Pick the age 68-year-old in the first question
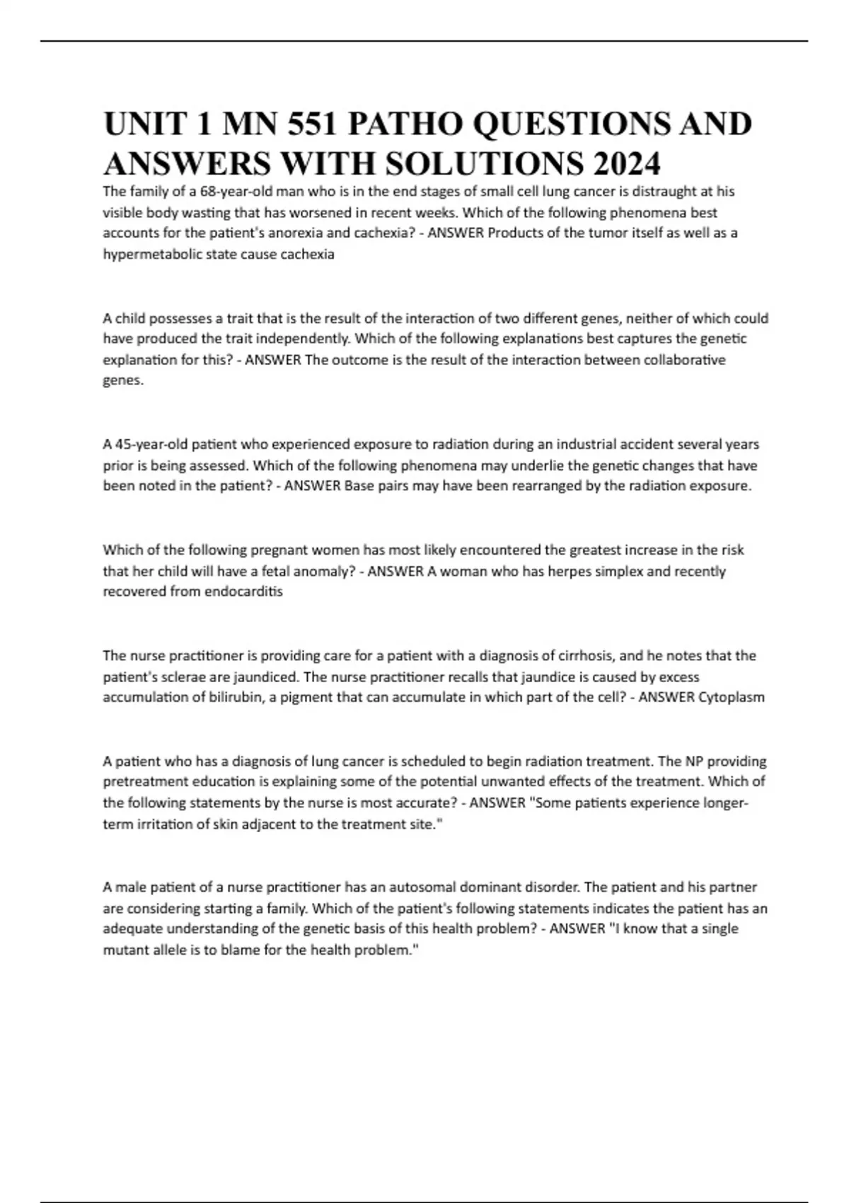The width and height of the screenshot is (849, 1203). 236,191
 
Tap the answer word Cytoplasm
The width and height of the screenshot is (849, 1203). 732,697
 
